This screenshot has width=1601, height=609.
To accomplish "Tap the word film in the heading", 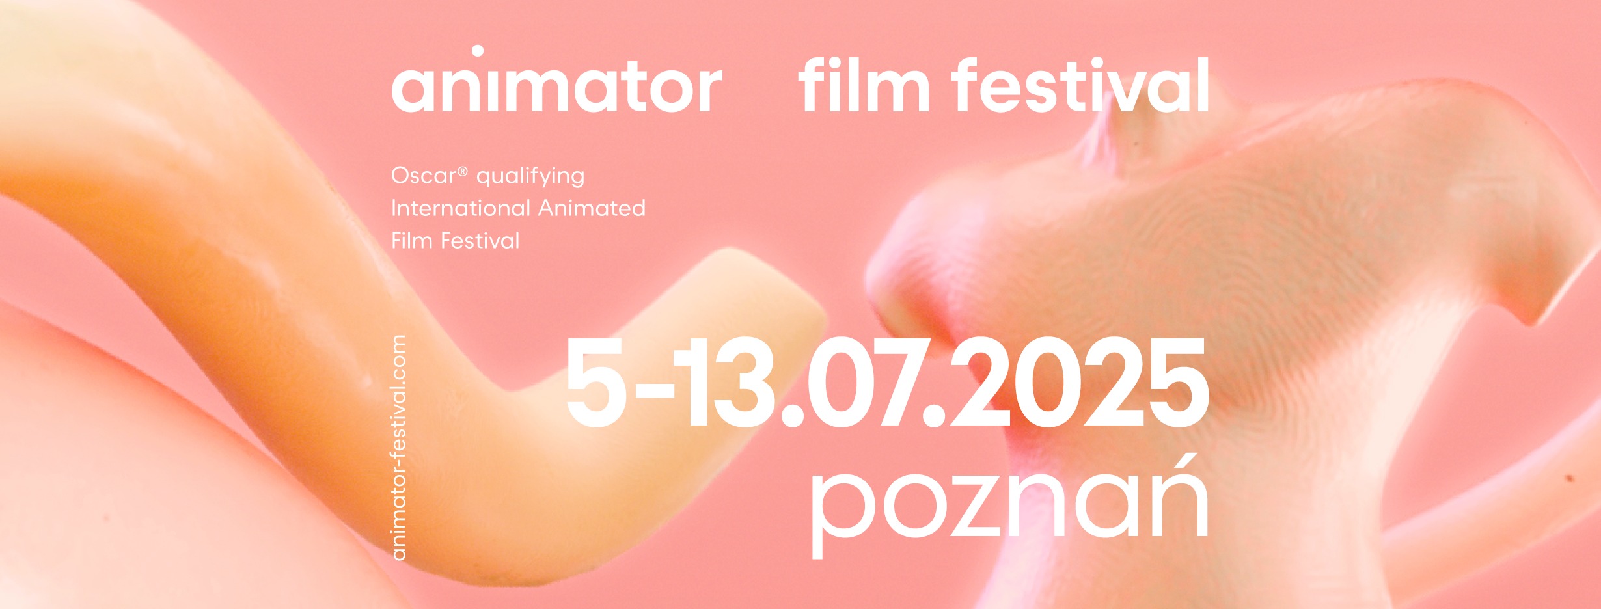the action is [864, 85].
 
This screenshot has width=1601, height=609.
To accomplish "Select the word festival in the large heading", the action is [1080, 85].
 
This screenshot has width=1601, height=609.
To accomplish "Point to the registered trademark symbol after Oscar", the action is [463, 171].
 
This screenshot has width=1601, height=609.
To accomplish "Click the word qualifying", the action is [530, 177].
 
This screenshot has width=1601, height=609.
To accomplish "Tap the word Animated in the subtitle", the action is [592, 208].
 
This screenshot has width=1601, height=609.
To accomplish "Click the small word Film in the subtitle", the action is [412, 241].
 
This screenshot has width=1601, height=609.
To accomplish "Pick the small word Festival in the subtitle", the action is [480, 241].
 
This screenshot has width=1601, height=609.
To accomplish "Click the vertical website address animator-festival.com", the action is [399, 448].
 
